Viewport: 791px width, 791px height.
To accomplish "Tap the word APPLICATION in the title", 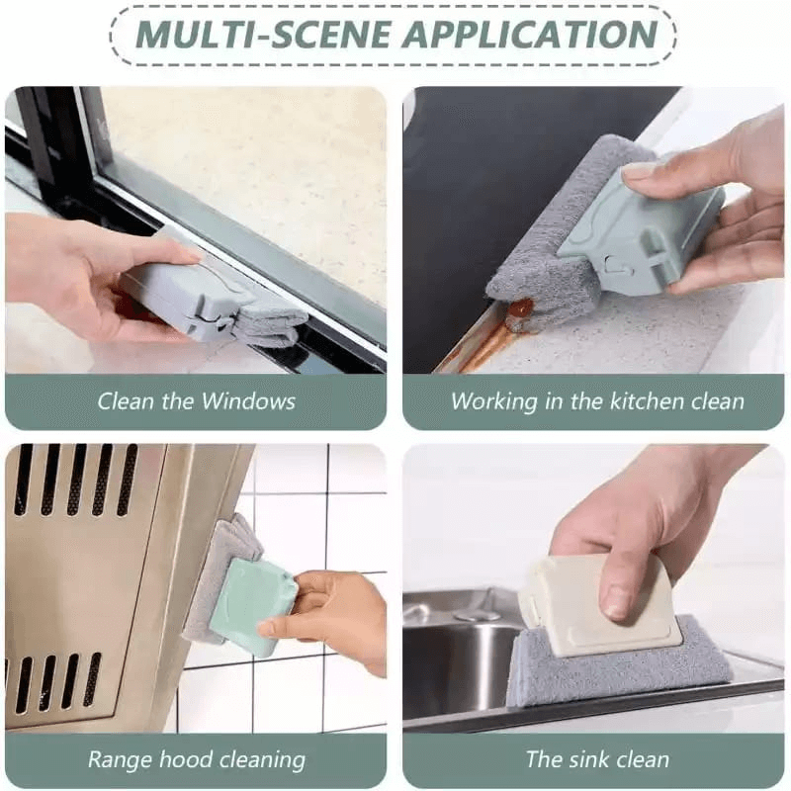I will [528, 34].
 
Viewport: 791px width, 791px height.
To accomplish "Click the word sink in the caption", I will [589, 759].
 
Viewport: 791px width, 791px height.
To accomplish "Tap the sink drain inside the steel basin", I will [476, 614].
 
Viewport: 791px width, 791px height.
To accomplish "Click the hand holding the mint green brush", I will [336, 618].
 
